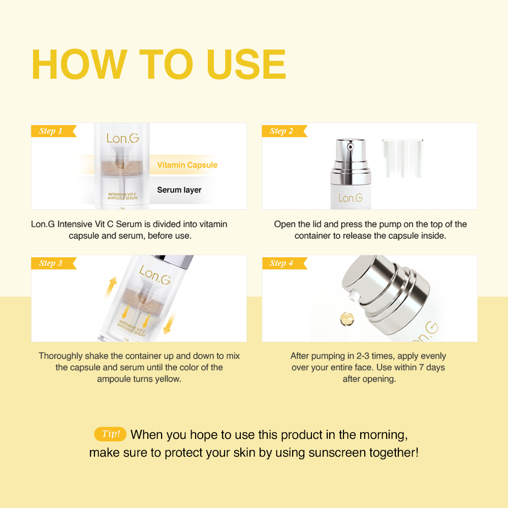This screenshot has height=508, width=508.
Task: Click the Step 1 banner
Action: (x=53, y=131)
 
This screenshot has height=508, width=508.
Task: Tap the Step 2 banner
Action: (x=284, y=131)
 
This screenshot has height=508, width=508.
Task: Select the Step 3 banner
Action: (x=53, y=263)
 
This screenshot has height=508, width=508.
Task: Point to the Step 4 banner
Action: (x=284, y=263)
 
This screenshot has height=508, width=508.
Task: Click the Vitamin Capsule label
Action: (x=187, y=165)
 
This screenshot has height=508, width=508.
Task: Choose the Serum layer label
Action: (x=179, y=190)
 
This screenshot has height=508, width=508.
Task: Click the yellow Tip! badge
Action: (x=110, y=434)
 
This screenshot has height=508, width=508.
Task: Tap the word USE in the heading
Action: (x=246, y=64)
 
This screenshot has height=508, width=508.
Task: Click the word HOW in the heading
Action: (x=79, y=64)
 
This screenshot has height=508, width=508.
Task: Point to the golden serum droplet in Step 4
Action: (x=346, y=319)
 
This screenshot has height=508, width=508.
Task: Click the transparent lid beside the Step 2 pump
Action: (x=402, y=158)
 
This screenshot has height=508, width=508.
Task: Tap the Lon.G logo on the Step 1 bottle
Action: (x=123, y=139)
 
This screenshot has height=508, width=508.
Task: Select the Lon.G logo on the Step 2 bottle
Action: (x=351, y=198)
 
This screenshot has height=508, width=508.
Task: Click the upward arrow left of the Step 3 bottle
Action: (x=111, y=287)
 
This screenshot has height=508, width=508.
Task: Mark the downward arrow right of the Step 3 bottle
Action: (x=169, y=323)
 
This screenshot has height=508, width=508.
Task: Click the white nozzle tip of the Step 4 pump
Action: (x=354, y=296)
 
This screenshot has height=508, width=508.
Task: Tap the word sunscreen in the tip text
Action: (x=337, y=453)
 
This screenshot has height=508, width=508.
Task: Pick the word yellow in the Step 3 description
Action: (x=168, y=379)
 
